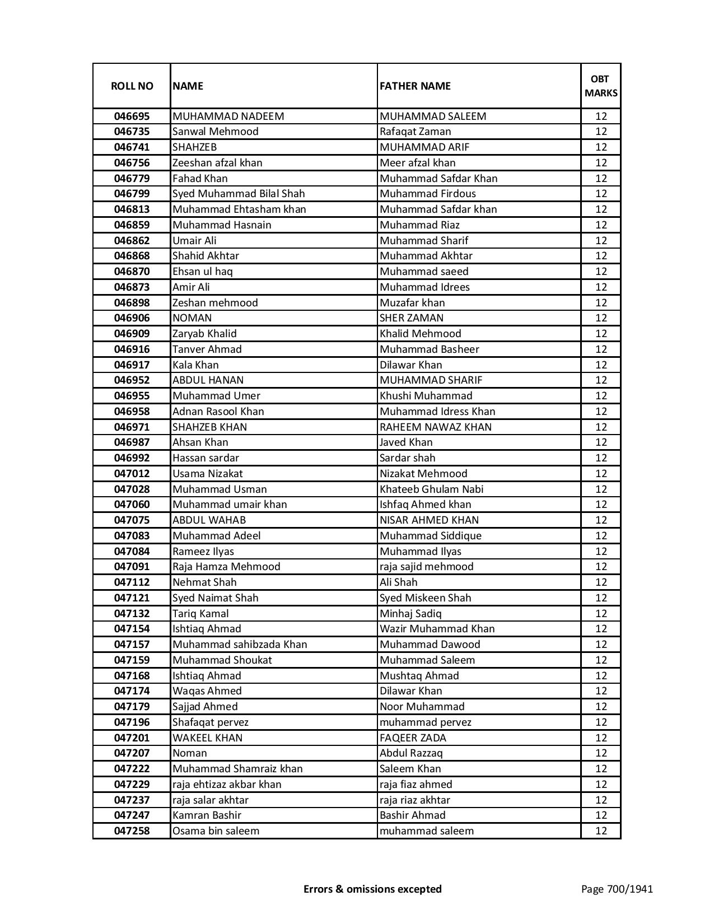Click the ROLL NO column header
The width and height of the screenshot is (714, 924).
click(x=132, y=86)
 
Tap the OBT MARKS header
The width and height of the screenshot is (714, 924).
click(x=600, y=86)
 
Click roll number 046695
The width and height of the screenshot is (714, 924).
click(x=132, y=116)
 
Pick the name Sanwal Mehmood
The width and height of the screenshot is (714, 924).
click(x=216, y=132)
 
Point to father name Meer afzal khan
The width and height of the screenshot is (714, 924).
click(x=417, y=163)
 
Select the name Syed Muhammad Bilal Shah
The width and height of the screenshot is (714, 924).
click(x=239, y=194)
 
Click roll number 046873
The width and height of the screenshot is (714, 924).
click(x=132, y=287)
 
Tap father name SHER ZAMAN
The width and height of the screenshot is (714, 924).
click(x=411, y=318)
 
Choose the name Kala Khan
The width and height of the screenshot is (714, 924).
click(x=195, y=365)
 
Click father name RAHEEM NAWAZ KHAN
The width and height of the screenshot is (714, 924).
click(x=435, y=427)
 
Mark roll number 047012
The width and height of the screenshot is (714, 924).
click(x=132, y=474)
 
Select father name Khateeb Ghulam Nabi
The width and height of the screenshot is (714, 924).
click(x=431, y=489)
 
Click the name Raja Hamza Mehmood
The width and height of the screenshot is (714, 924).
click(x=226, y=567)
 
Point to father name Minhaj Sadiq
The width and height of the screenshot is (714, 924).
click(x=410, y=614)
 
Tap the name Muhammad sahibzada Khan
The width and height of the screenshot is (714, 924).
click(x=240, y=645)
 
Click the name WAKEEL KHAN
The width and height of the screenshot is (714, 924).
click(x=207, y=738)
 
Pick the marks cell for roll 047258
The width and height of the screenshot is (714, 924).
click(x=600, y=831)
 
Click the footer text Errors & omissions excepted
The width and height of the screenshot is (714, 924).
click(x=372, y=889)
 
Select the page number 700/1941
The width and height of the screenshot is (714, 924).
click(x=617, y=889)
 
